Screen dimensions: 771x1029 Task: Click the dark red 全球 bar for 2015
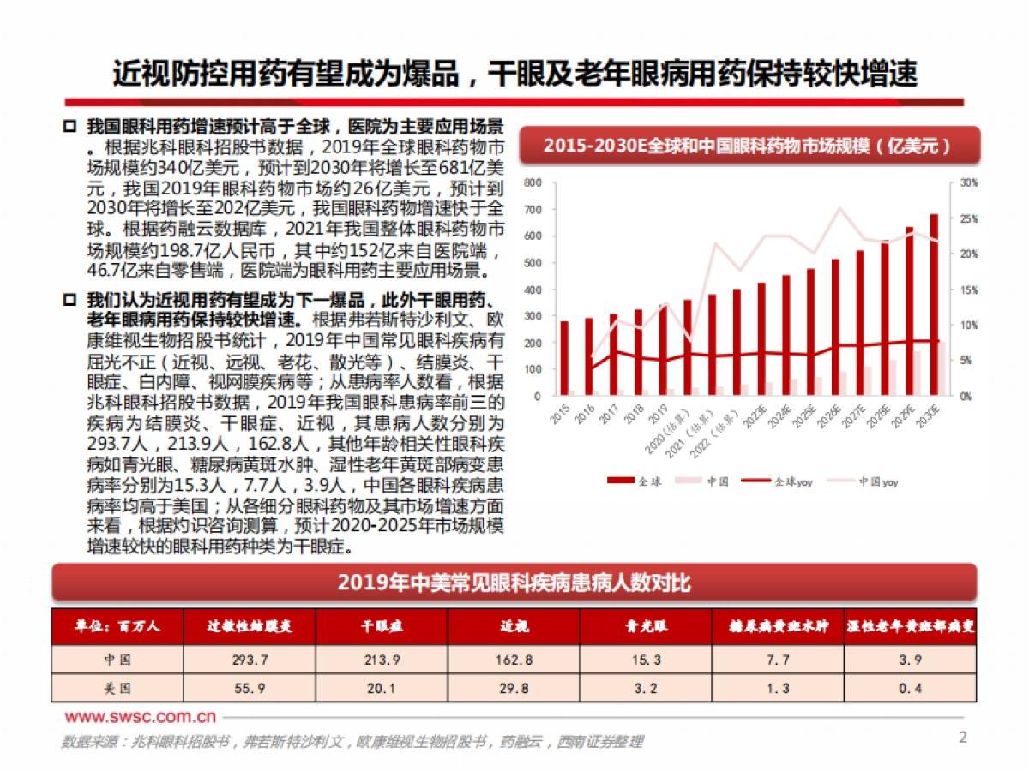tap(563, 358)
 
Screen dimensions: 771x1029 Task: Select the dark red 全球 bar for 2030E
tap(934, 305)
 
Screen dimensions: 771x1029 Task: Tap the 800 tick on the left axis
tap(533, 182)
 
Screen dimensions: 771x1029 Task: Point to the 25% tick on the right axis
tap(968, 218)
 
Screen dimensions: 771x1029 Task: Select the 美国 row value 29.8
tap(514, 688)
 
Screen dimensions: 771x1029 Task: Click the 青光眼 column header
tap(646, 626)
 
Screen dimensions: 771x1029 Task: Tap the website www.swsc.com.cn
tap(141, 717)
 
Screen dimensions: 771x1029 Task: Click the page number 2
tap(962, 738)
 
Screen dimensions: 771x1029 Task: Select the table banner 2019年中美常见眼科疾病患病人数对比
tap(514, 583)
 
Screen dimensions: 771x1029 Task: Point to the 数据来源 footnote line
tap(352, 742)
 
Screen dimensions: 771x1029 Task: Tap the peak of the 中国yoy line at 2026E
tap(841, 208)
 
